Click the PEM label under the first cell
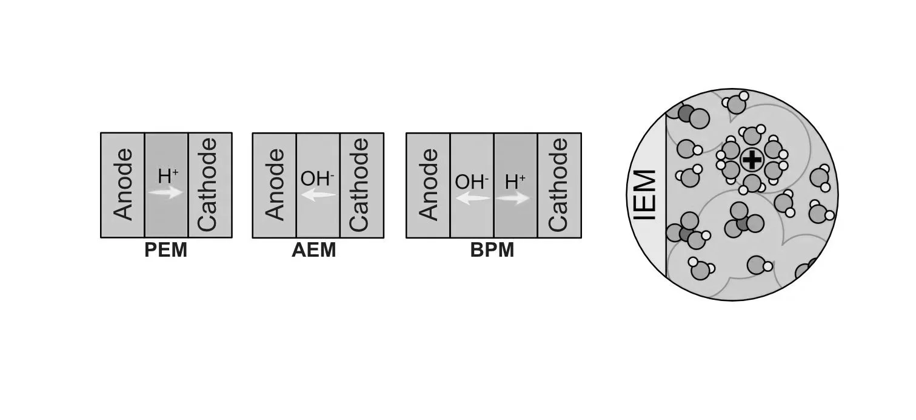click(165, 250)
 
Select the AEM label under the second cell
click(313, 250)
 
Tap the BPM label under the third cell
click(492, 250)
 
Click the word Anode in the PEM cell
click(123, 185)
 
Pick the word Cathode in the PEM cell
click(209, 185)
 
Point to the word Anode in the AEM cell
click(275, 185)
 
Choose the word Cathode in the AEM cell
click(361, 185)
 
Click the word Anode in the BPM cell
click(428, 185)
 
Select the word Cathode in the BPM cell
click(558, 185)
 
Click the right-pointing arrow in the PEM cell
click(166, 192)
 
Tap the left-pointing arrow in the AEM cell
click(318, 195)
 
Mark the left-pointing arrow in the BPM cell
click(472, 198)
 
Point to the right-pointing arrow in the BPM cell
click(514, 198)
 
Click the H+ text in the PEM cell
click(168, 176)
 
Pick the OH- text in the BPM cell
click(472, 181)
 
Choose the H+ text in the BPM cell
click(515, 181)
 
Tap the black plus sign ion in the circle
click(752, 160)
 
